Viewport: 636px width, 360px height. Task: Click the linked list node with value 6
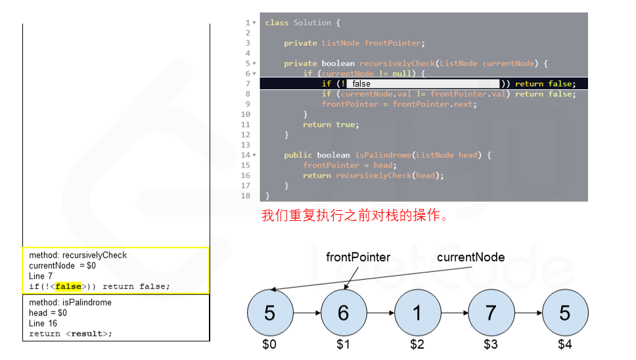[x=343, y=313]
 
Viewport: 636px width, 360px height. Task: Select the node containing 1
[x=417, y=313]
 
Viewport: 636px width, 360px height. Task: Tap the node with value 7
[x=491, y=313]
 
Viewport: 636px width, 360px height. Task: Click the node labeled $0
[x=269, y=313]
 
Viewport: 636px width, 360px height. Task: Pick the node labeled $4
[x=564, y=313]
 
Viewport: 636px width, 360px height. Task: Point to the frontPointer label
[x=358, y=257]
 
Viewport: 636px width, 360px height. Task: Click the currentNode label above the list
[x=470, y=257]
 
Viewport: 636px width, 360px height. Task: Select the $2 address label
[x=417, y=344]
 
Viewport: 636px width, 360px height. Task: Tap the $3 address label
[x=491, y=344]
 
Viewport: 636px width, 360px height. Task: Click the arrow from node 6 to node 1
[x=380, y=313]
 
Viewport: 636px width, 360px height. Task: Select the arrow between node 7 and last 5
[x=528, y=313]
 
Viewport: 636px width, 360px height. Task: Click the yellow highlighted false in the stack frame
[x=68, y=286]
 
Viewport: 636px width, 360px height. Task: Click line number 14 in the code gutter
[x=246, y=155]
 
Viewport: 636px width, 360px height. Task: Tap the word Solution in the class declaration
[x=312, y=23]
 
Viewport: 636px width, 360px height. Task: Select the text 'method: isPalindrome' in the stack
[x=70, y=303]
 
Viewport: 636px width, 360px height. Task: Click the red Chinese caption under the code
[x=355, y=215]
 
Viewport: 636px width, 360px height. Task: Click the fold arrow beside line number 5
[x=254, y=64]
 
